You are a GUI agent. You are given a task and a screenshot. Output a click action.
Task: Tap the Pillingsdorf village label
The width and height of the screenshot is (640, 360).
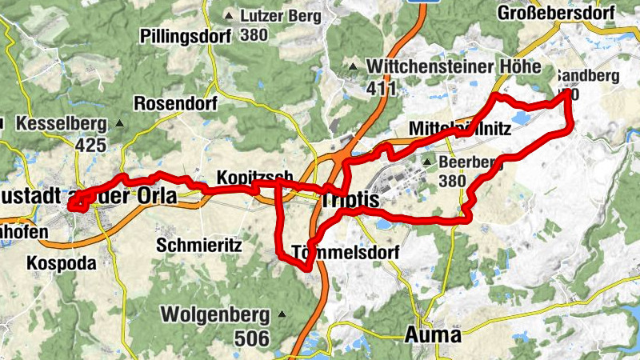(x=185, y=36)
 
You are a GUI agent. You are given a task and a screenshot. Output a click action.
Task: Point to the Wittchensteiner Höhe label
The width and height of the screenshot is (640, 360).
(x=454, y=66)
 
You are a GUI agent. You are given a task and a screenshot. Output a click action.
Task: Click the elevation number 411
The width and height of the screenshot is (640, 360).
(x=382, y=87)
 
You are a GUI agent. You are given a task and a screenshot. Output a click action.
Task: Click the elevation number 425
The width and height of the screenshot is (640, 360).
(x=90, y=145)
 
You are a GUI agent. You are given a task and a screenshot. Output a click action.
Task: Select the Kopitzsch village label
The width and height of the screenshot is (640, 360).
(x=249, y=178)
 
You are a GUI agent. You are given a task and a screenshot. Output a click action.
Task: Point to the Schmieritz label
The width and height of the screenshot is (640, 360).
(x=199, y=245)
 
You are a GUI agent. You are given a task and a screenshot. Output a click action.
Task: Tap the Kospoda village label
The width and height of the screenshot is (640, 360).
(x=61, y=263)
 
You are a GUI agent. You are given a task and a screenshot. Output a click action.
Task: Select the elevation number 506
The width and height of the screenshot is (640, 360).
(x=251, y=338)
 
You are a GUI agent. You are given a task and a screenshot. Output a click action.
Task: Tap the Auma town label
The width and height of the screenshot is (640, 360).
(x=433, y=334)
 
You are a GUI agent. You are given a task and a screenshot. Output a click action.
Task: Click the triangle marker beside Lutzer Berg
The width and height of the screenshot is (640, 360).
(x=230, y=15)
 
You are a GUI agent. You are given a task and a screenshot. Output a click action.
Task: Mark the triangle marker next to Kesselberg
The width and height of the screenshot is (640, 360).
(x=120, y=124)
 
